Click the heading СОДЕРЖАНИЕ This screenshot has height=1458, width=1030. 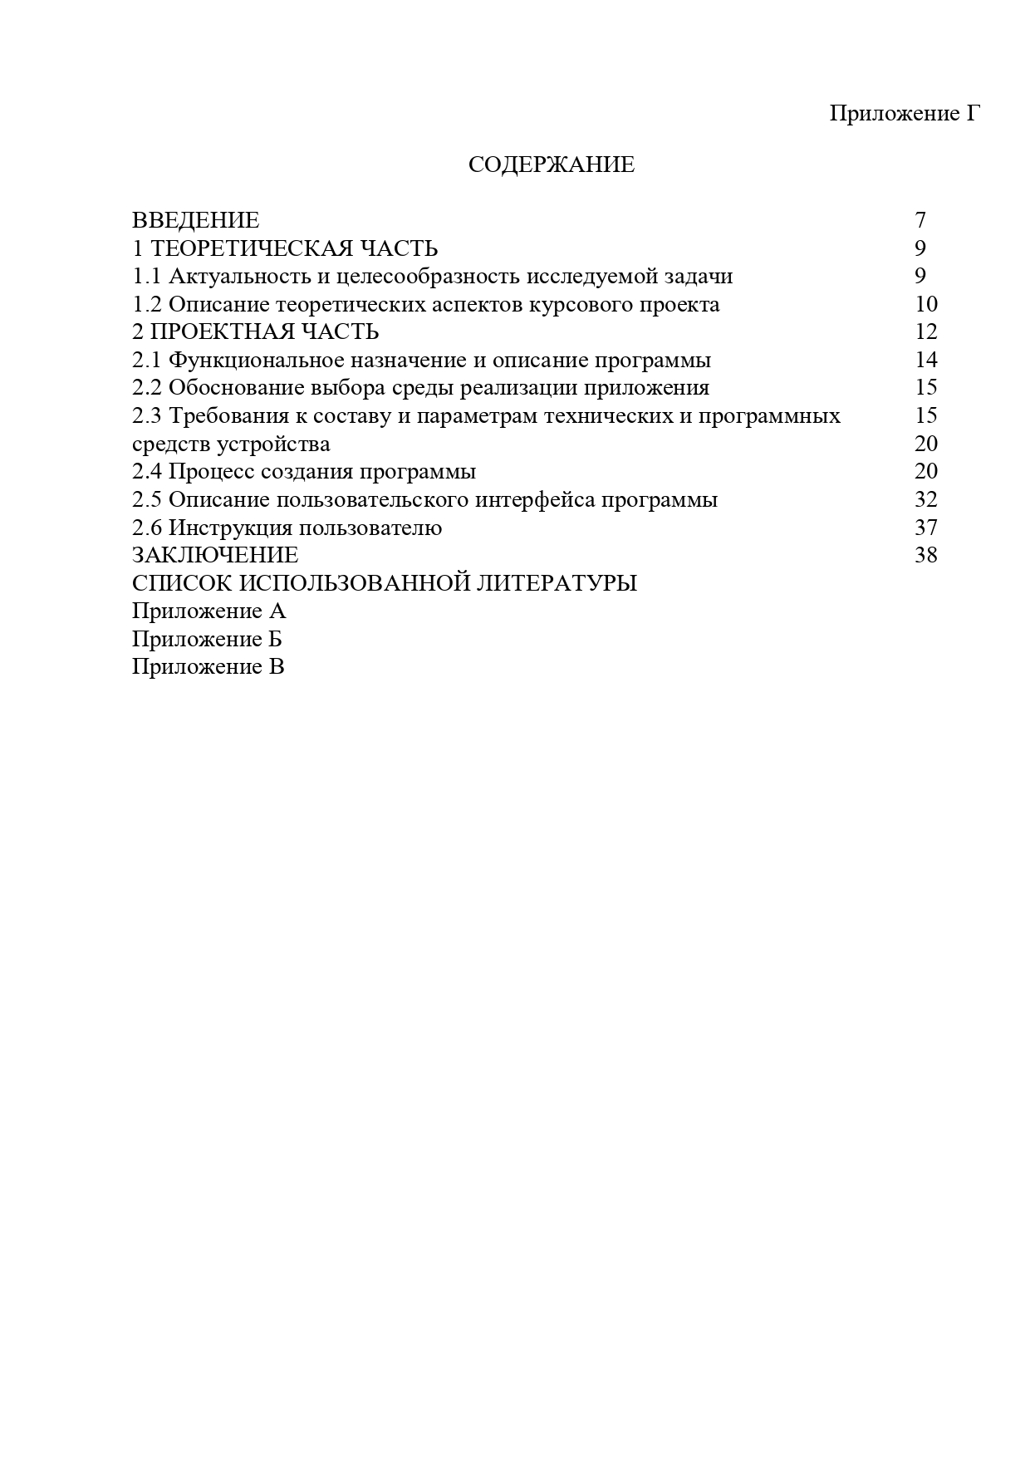click(x=551, y=164)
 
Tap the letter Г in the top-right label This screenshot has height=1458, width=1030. click(x=974, y=113)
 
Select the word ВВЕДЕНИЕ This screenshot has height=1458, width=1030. click(x=195, y=220)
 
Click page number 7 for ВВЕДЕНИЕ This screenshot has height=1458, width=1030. click(x=920, y=220)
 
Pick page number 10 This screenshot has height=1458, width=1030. click(x=925, y=304)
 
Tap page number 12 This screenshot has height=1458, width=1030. click(x=925, y=331)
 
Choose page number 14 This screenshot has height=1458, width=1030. click(x=925, y=360)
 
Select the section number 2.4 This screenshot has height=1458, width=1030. click(x=147, y=472)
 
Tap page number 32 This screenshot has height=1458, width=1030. click(x=925, y=499)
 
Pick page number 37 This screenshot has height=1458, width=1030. click(x=925, y=528)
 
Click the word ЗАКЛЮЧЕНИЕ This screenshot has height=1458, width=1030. click(x=215, y=555)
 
